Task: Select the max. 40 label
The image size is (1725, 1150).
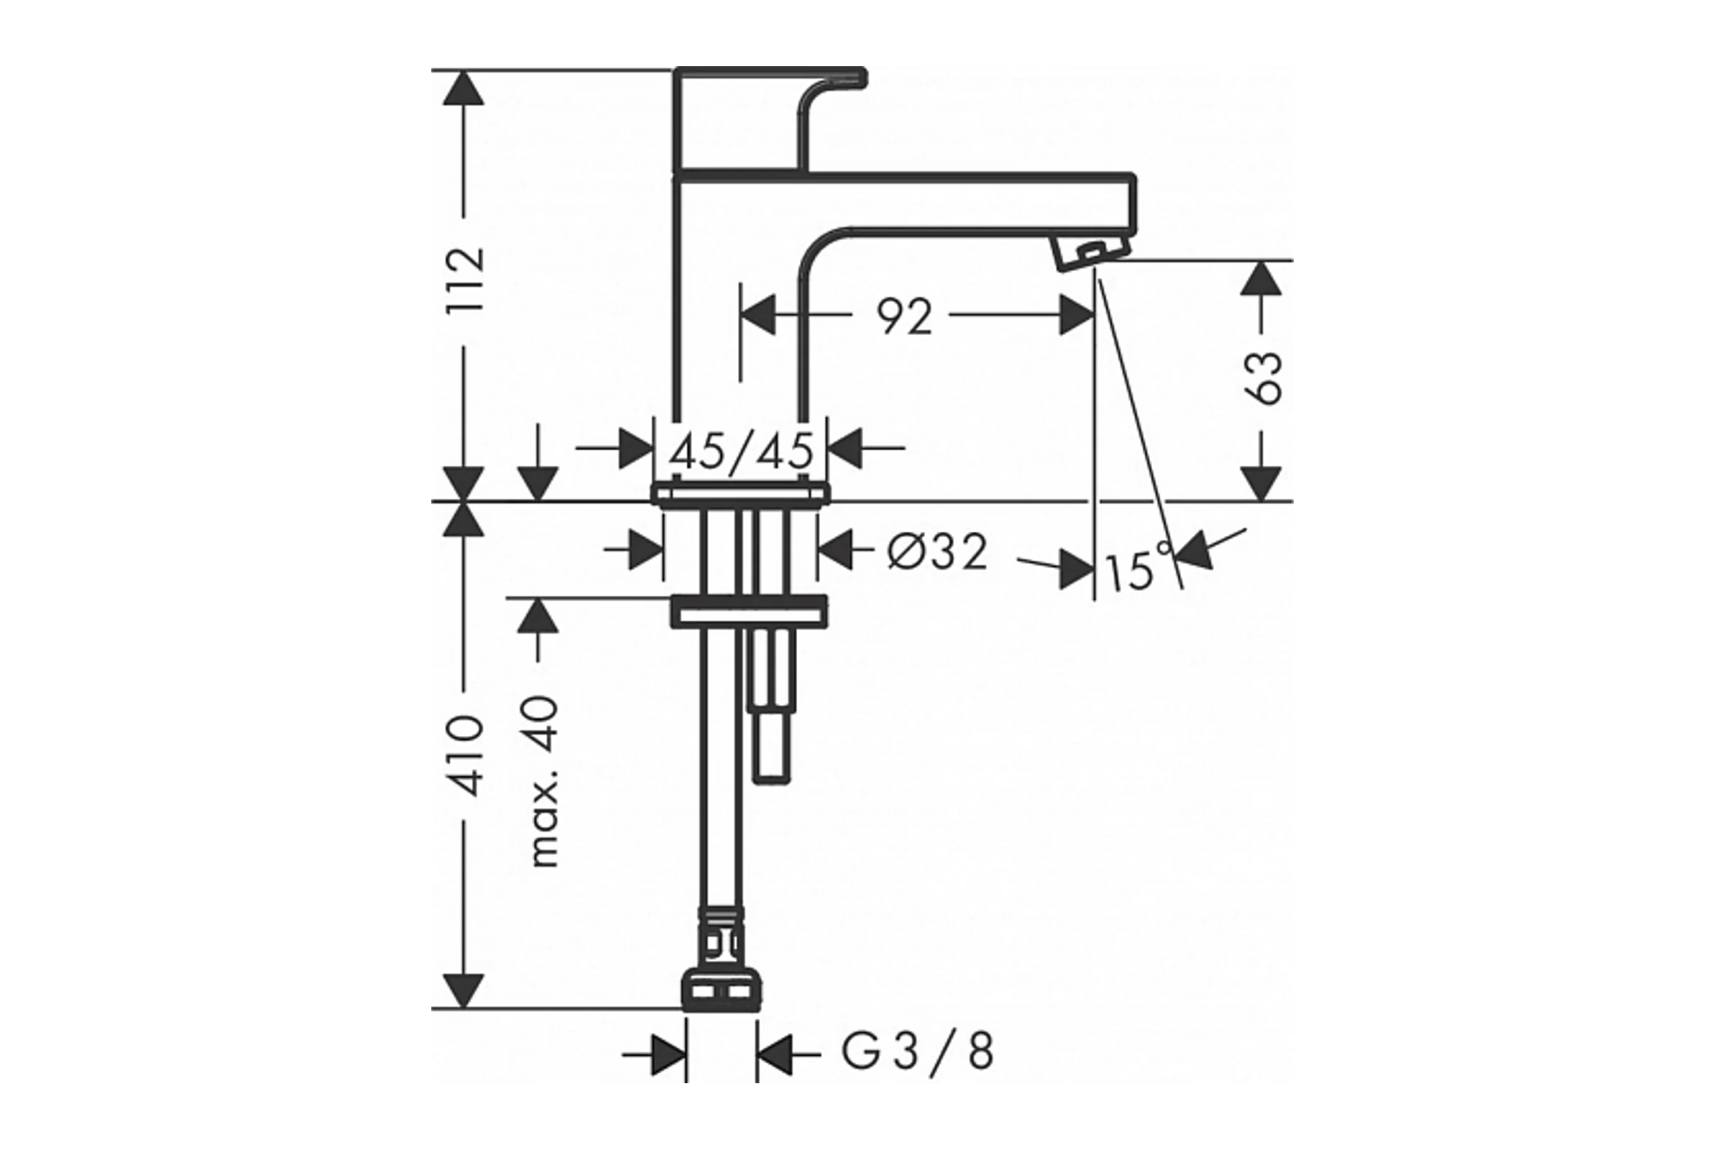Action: [x=543, y=783]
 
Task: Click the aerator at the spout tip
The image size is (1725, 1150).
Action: [x=1090, y=254]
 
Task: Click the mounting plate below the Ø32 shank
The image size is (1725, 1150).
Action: [x=749, y=612]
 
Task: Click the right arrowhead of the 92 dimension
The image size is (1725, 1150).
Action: [x=1077, y=316]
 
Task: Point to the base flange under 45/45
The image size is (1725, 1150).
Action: [x=741, y=495]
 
